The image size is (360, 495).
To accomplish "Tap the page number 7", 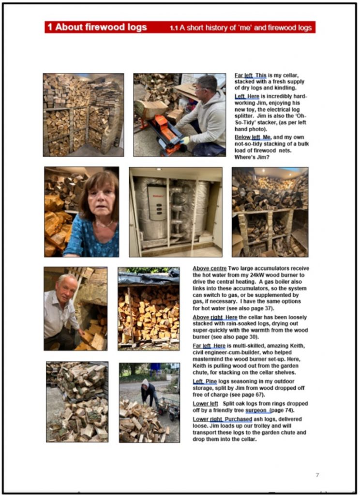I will click(317, 475).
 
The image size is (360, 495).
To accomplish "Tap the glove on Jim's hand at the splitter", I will click(185, 141).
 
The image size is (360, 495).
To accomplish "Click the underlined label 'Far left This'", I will click(250, 75).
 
